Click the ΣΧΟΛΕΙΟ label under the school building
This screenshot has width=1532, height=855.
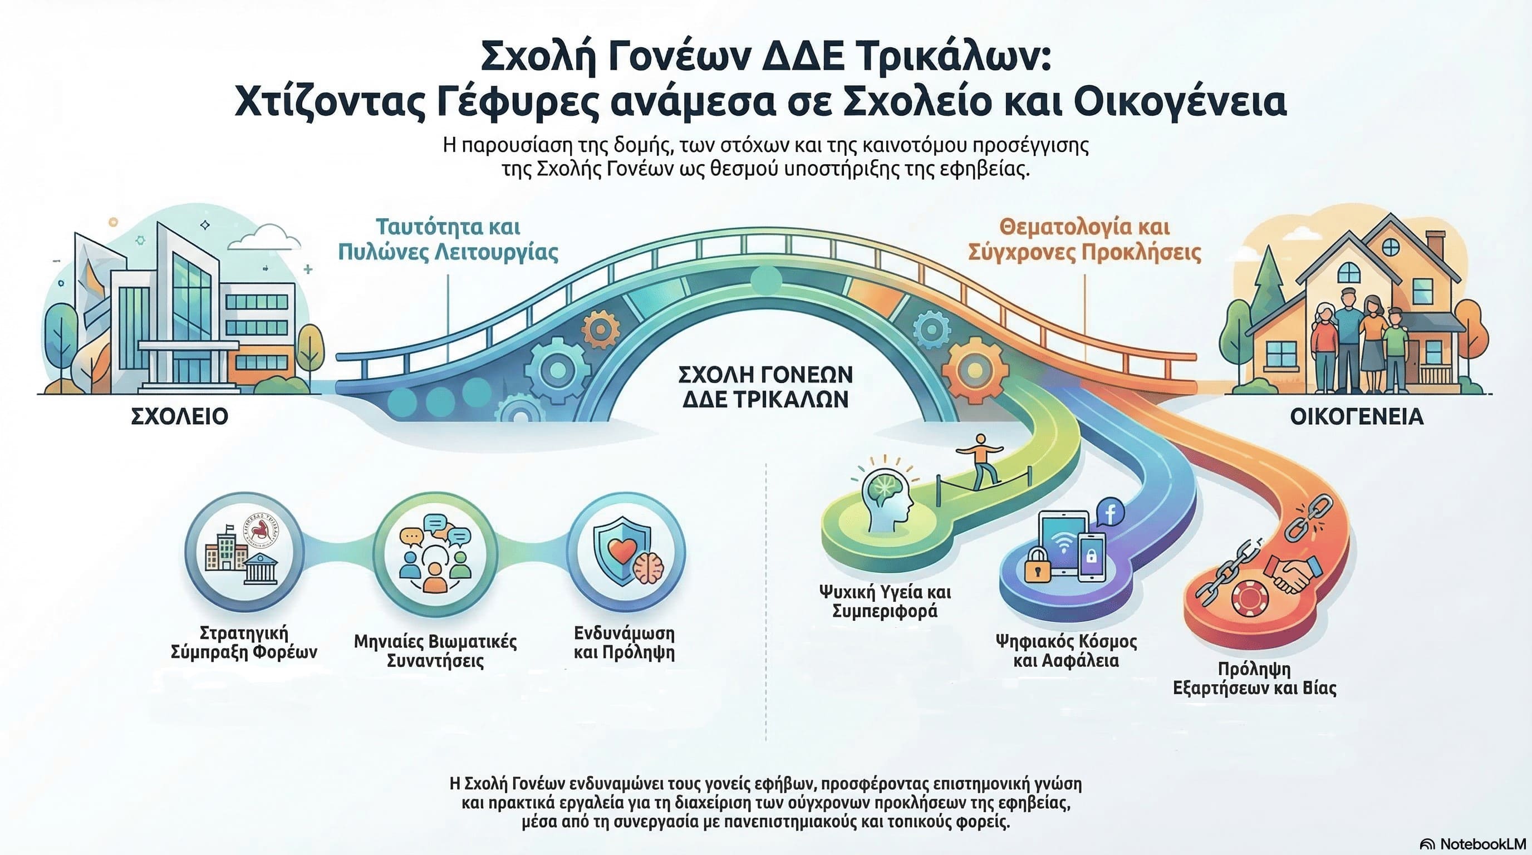click(x=179, y=416)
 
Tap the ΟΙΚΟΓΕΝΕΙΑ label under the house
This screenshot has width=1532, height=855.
click(x=1357, y=417)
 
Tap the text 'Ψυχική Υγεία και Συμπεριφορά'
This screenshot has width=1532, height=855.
click(x=885, y=601)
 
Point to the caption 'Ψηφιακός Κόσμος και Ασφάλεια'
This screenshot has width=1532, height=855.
click(x=1067, y=651)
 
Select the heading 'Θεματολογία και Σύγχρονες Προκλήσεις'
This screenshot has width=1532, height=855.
click(x=1084, y=239)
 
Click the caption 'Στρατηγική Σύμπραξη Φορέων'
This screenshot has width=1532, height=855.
click(x=244, y=642)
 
